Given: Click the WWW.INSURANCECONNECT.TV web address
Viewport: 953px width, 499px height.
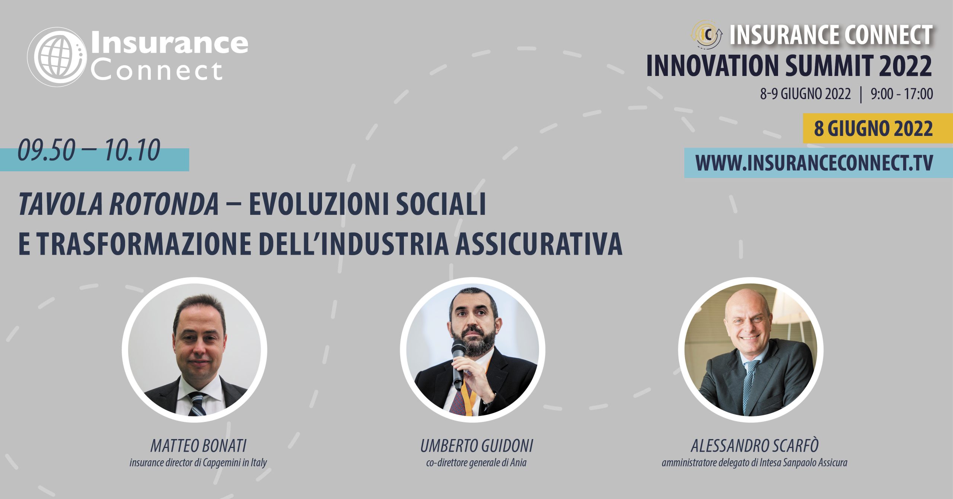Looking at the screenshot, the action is coord(814,163).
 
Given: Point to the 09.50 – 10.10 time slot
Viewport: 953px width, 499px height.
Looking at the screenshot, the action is coord(89,150).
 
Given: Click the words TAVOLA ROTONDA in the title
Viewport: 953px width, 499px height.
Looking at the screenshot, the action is coord(119,204).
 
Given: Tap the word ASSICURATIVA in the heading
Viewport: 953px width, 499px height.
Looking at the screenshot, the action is coord(539,244).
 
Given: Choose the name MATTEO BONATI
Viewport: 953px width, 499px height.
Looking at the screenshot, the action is coord(198,445).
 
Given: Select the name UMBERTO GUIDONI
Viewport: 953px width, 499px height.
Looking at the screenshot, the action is coord(477,445).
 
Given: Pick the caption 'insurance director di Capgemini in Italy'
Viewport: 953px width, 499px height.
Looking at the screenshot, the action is coord(198,463).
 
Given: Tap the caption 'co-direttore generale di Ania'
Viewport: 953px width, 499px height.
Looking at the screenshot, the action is coord(476,463).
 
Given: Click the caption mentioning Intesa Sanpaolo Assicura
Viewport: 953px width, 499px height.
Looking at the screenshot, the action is coord(755,463).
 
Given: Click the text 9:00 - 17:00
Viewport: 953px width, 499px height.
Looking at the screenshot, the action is coord(902,94).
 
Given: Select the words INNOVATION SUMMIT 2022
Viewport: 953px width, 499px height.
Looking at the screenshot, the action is coord(789,66).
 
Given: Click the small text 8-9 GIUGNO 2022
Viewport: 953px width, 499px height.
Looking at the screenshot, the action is coord(805,94).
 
